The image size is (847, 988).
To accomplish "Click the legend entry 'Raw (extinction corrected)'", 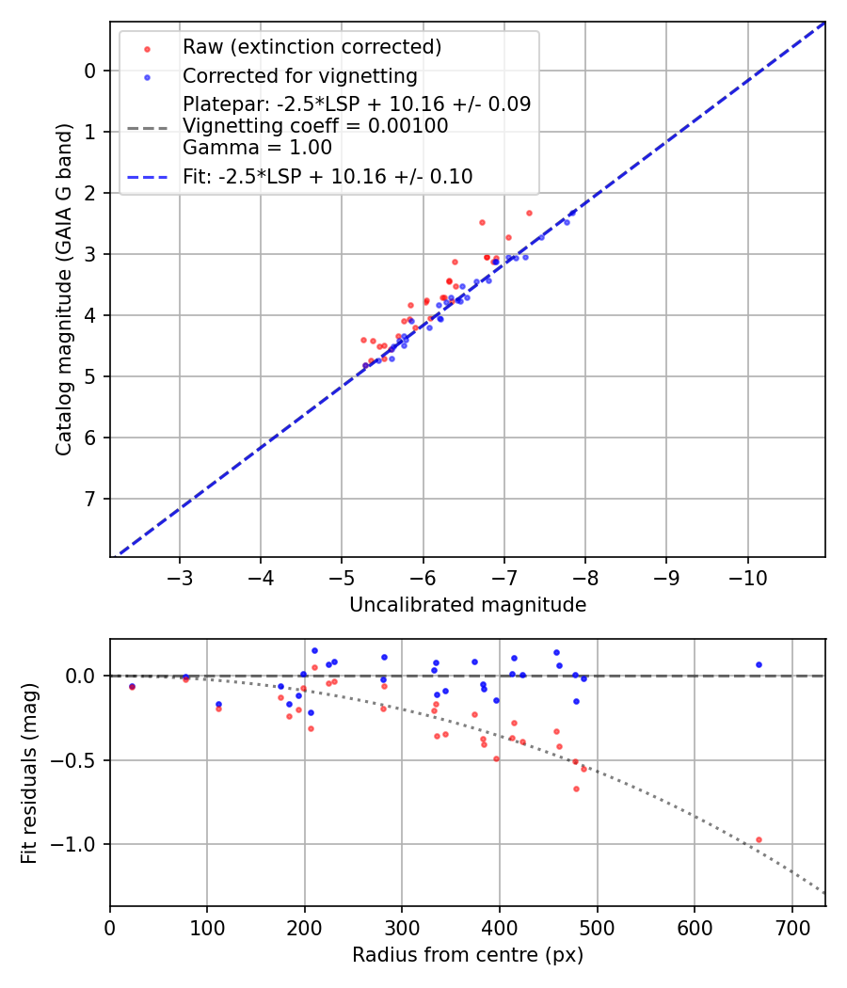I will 312,46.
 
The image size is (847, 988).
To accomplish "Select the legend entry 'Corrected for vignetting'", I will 299,75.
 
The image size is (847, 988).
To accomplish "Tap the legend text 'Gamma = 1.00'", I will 257,147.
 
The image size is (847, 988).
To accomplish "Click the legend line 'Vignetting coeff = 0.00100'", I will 315,125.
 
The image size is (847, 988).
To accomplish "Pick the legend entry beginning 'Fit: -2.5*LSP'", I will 327,176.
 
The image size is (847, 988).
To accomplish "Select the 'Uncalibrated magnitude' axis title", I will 468,605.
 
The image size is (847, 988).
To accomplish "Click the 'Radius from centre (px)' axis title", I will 468,955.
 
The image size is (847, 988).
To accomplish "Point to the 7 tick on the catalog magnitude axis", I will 89,499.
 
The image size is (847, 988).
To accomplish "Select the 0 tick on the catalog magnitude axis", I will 89,71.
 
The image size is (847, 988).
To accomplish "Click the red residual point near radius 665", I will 759,839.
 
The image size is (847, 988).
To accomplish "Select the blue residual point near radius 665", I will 759,664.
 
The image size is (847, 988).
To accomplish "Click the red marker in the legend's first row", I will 147,47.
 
